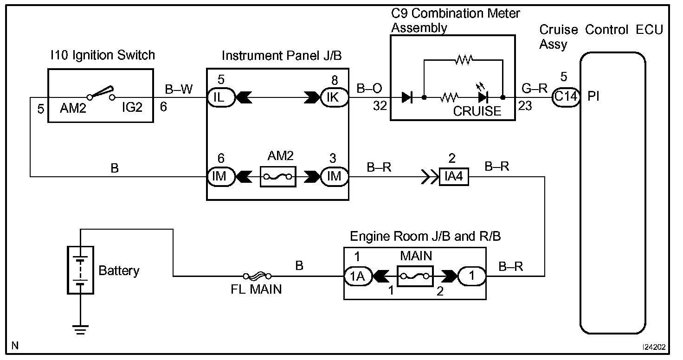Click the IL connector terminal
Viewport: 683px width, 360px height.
(221, 97)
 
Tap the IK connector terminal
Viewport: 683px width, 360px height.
(335, 97)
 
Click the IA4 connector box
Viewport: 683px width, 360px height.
(454, 176)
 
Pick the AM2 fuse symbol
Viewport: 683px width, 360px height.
(278, 176)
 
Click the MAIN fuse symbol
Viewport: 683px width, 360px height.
(415, 276)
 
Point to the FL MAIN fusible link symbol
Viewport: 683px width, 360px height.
(258, 276)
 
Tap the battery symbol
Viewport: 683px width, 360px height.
(80, 270)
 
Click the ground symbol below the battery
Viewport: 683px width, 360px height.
(80, 330)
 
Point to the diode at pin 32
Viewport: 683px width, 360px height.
(407, 97)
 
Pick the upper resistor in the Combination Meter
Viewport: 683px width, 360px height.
(464, 60)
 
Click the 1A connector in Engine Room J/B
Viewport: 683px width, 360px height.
(358, 276)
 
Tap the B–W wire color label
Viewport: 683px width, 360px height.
(179, 90)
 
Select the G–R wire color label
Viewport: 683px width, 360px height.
(535, 89)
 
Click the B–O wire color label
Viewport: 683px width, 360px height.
(369, 89)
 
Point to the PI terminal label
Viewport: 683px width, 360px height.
(593, 96)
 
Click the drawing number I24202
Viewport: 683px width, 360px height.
(654, 347)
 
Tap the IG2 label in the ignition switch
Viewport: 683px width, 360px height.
(132, 107)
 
